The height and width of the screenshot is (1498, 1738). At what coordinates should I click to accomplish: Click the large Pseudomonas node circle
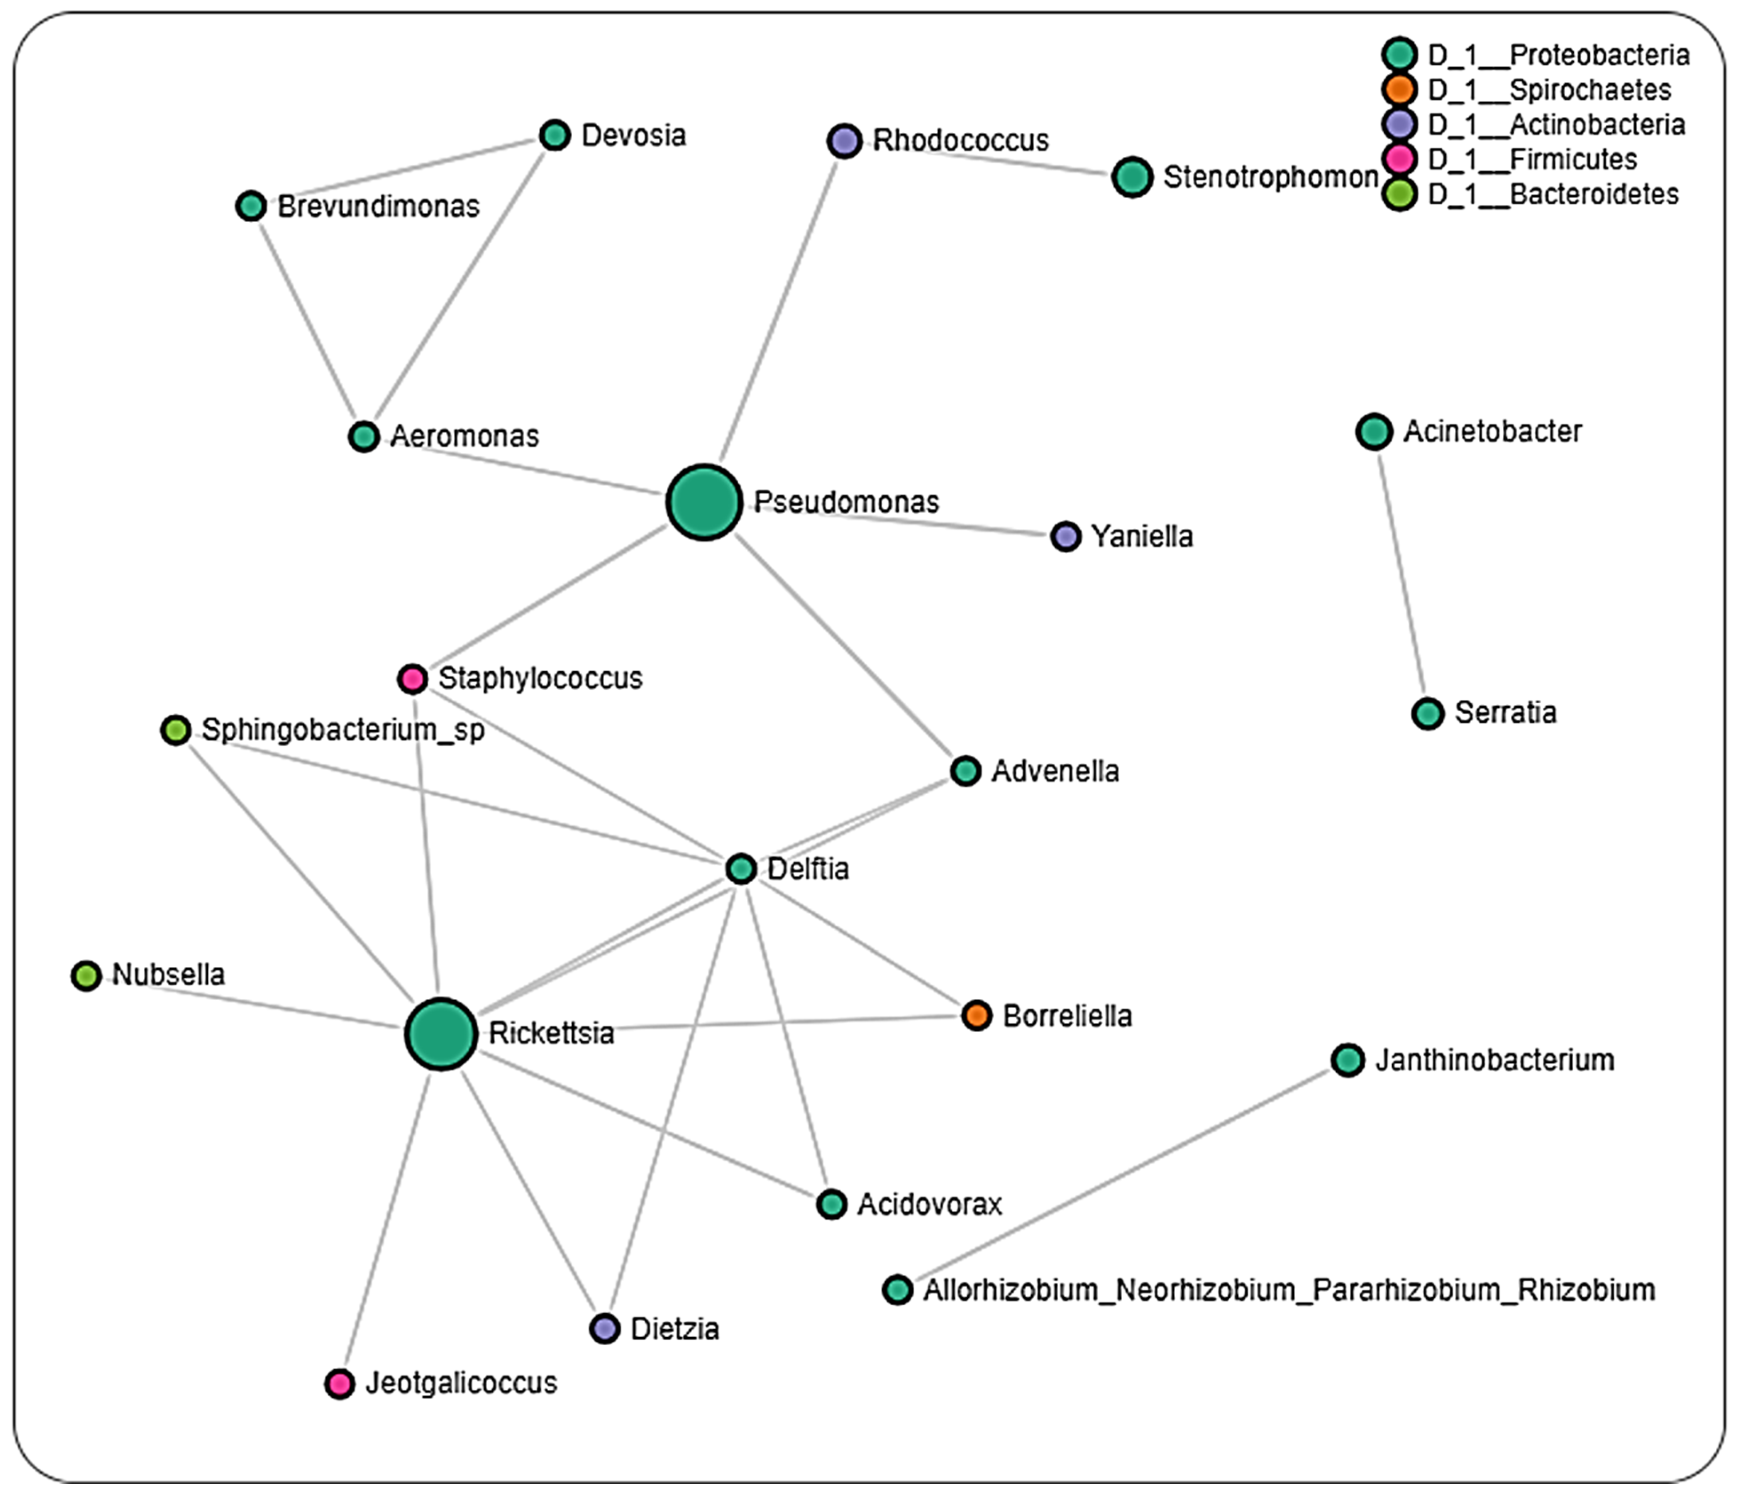click(704, 502)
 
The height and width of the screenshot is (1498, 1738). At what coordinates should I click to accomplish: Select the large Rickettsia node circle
click(441, 1033)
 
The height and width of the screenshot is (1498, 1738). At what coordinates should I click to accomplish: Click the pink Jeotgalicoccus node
click(339, 1383)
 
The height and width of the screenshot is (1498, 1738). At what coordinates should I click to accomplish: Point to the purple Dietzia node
click(604, 1328)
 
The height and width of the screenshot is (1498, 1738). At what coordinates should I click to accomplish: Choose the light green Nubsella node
click(86, 975)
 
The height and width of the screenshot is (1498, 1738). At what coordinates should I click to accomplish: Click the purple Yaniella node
click(1065, 536)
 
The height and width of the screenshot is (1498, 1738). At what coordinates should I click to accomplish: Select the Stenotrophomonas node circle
click(1132, 177)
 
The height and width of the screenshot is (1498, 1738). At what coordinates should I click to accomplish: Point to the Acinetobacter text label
click(1492, 431)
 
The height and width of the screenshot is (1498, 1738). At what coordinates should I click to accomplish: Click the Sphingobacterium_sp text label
click(342, 730)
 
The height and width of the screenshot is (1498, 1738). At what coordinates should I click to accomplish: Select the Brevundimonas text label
click(378, 206)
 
